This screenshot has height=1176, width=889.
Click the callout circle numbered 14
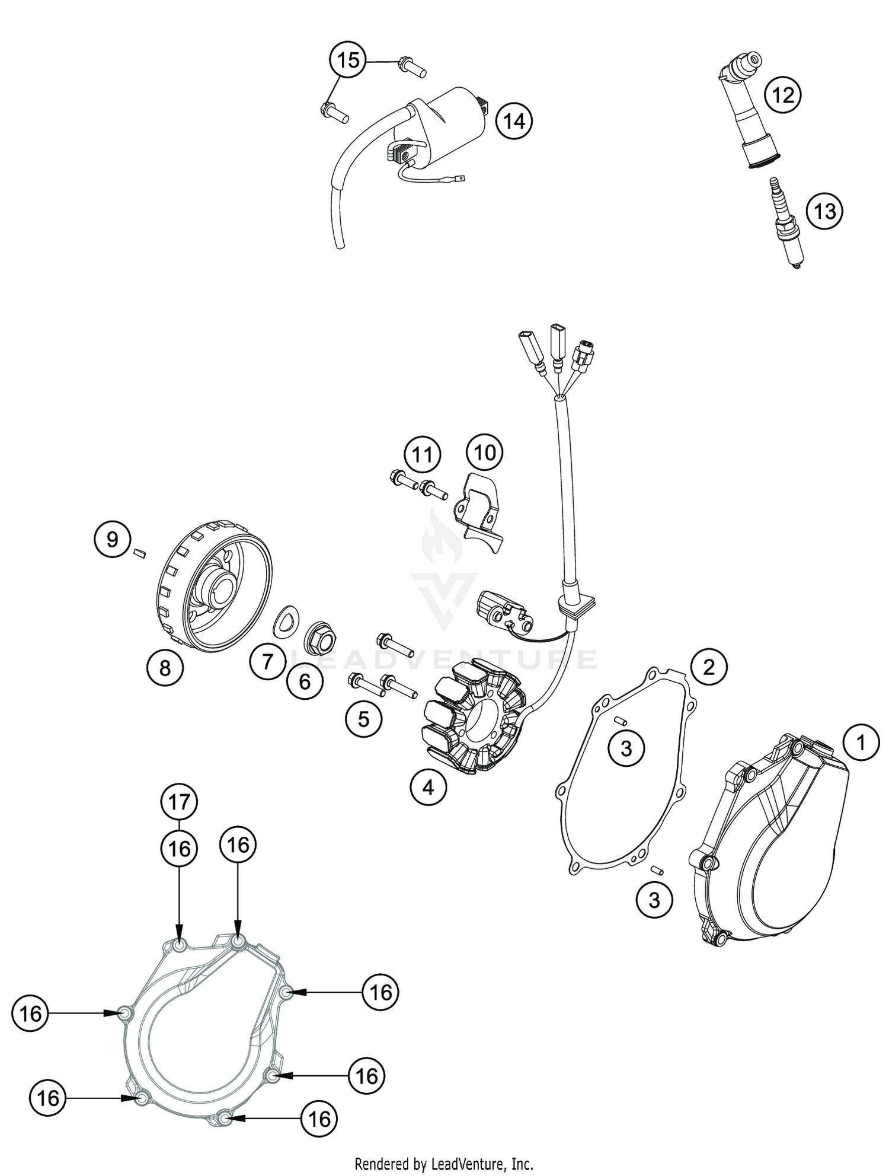514,122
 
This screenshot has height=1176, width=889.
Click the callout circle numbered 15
348,60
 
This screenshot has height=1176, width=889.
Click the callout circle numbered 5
363,719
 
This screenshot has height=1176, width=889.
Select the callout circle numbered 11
423,455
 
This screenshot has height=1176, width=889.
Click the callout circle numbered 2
708,667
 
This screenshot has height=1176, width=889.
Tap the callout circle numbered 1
861,742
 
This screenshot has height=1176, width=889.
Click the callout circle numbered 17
179,802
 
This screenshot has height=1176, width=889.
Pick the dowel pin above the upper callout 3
621,721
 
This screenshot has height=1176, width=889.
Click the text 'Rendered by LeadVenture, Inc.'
444,1164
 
